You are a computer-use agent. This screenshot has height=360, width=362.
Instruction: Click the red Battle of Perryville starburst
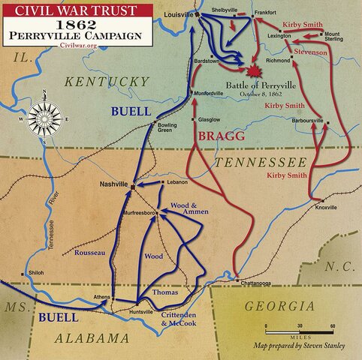coord(255,73)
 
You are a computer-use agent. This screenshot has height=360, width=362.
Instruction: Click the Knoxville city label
coord(324,207)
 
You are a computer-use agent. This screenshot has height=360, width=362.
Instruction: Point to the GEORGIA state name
coord(279,306)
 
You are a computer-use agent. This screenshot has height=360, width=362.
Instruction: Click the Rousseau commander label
coord(89,252)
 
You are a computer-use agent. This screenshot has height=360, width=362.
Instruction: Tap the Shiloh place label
coord(35,272)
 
